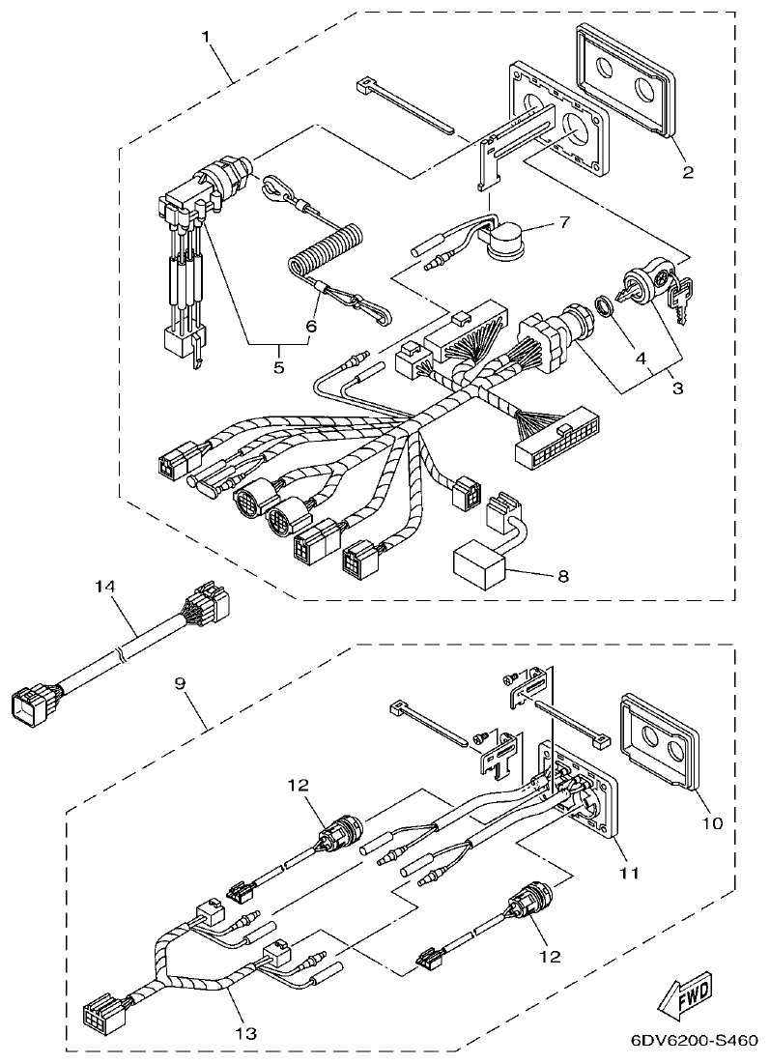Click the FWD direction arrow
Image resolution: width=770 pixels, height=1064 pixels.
[685, 996]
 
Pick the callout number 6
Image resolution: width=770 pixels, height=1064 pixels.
[311, 327]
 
